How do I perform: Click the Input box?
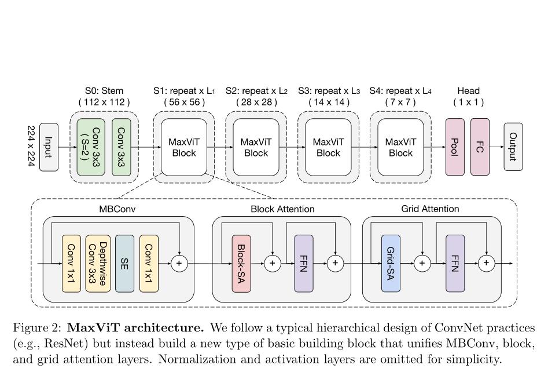[49, 147]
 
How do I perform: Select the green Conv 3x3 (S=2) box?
[90, 147]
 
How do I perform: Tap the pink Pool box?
[455, 147]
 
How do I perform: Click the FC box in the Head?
[480, 147]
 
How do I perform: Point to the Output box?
[513, 147]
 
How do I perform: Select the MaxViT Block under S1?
[183, 147]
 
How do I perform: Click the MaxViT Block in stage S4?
[400, 147]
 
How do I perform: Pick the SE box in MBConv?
[124, 263]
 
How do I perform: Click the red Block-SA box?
[241, 263]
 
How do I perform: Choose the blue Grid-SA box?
[391, 263]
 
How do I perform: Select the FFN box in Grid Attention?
[455, 263]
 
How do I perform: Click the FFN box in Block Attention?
[304, 263]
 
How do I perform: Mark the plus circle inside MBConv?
[179, 264]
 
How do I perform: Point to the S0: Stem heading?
[104, 91]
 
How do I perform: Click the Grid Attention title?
[430, 209]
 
